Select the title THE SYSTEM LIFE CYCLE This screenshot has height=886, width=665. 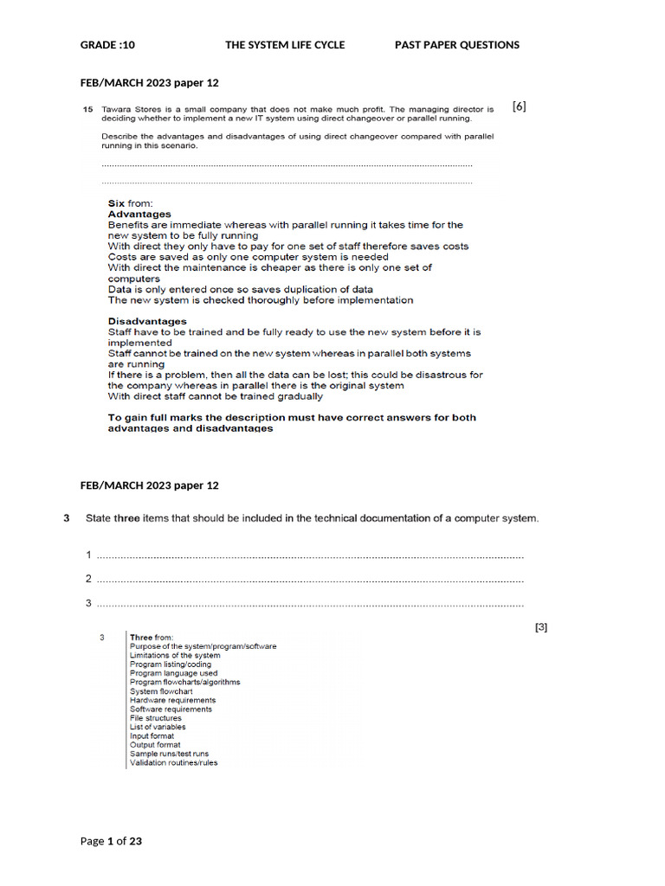coord(285,45)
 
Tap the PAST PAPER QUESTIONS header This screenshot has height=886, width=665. coord(457,45)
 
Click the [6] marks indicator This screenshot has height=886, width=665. coord(519,106)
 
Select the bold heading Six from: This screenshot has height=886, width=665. coord(130,203)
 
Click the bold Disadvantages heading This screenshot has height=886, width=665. coord(147,321)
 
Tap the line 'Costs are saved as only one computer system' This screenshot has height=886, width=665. coord(248,257)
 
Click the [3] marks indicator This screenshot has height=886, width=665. coord(540,627)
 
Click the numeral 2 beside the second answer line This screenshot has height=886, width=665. coord(88,579)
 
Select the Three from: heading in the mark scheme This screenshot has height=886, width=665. coord(152,638)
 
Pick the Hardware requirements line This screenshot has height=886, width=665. coord(172,700)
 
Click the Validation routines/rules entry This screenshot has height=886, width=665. coord(173,763)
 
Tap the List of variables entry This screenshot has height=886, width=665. coord(157,727)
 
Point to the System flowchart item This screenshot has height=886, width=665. coord(161,691)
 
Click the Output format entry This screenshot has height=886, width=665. coord(155,745)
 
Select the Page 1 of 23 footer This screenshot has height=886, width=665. coord(111,840)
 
